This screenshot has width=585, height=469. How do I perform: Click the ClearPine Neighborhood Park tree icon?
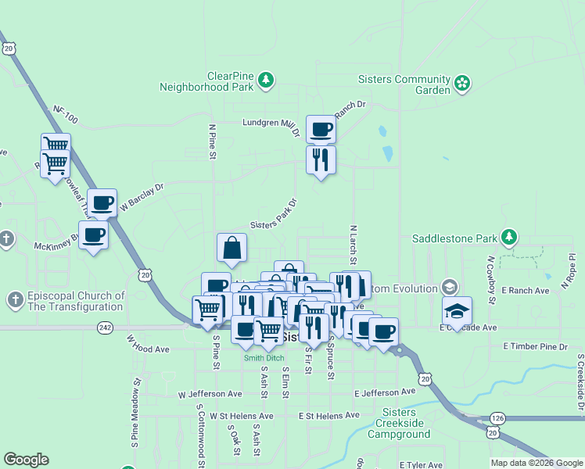pos(267,80)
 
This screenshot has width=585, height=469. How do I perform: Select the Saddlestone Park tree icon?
pos(509,236)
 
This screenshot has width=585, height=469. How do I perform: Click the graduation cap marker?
pos(457,310)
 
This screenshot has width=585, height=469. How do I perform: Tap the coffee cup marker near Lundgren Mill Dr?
pos(321,129)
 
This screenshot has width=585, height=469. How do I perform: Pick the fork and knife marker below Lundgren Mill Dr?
pos(321,159)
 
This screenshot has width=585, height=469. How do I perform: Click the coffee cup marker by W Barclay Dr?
pos(102,203)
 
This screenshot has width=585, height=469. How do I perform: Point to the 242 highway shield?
pos(104,328)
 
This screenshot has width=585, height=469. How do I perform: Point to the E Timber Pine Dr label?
pos(535,345)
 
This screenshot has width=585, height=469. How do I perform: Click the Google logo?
pos(26,460)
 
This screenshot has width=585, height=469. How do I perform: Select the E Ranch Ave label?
pos(527,290)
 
